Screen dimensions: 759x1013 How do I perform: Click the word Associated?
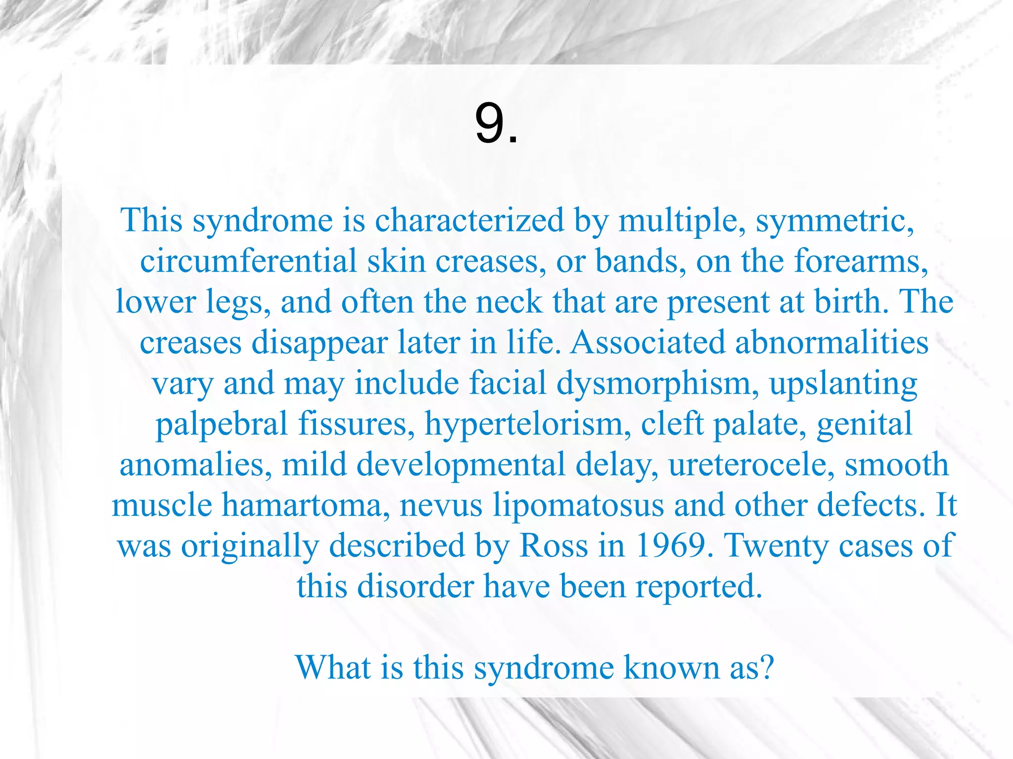pyautogui.click(x=647, y=342)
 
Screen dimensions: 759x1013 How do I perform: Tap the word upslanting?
pyautogui.click(x=843, y=383)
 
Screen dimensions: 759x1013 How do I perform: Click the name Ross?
pyautogui.click(x=553, y=546)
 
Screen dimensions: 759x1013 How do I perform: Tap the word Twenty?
pyautogui.click(x=776, y=546)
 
